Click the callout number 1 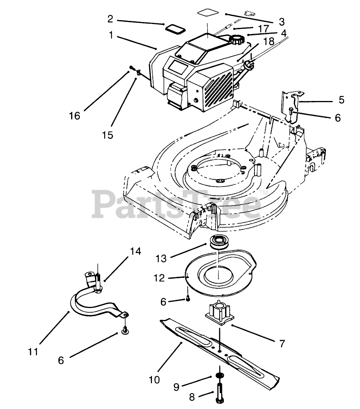point(111,35)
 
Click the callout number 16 point(75,116)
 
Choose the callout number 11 point(34,352)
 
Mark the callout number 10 point(154,380)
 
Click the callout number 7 point(282,342)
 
